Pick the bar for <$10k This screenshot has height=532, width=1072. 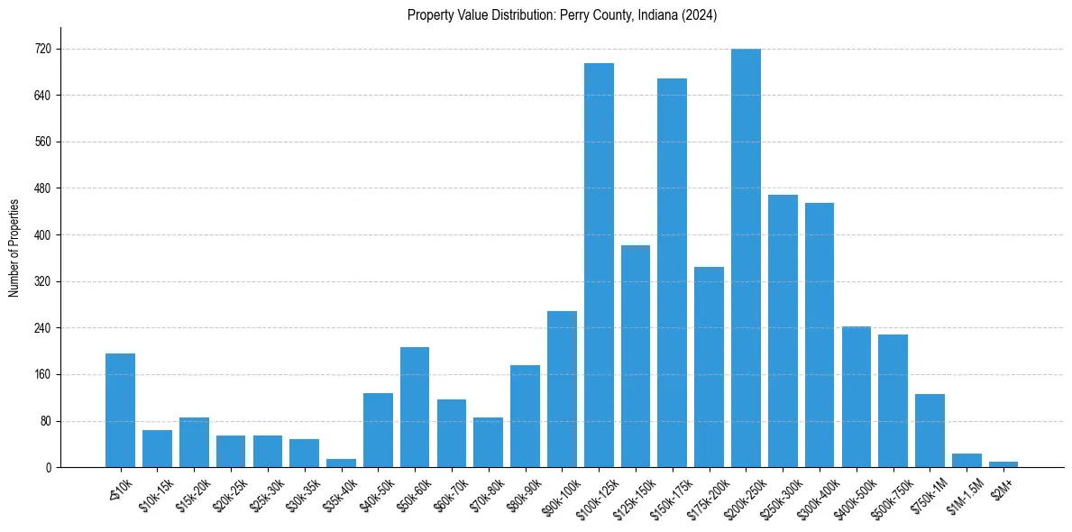tap(120, 410)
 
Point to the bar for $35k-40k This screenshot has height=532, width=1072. tap(341, 463)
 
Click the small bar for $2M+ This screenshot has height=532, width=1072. tap(1003, 463)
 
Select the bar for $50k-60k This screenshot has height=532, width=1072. tap(415, 407)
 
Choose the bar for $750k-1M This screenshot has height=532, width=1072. tap(930, 430)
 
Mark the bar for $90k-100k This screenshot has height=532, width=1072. tap(562, 389)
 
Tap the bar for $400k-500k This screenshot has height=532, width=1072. tap(856, 397)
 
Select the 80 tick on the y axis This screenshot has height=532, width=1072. tap(45, 421)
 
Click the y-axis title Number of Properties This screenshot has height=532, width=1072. tap(14, 248)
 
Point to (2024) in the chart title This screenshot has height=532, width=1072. tap(701, 15)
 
